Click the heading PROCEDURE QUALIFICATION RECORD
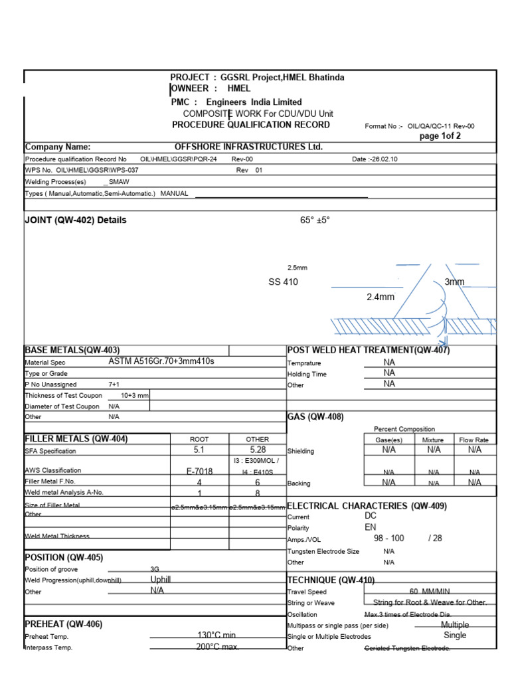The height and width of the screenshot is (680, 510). (x=250, y=125)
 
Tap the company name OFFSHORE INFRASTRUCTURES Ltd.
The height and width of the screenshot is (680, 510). (x=248, y=147)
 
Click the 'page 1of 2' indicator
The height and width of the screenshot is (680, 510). (x=440, y=136)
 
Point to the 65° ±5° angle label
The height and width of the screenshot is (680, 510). (x=315, y=220)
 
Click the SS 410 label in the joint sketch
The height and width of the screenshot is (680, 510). (x=283, y=282)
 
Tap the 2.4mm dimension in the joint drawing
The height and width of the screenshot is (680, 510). (x=381, y=297)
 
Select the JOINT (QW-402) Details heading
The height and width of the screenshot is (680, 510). (x=75, y=220)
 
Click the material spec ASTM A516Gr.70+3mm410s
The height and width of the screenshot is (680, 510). (x=161, y=362)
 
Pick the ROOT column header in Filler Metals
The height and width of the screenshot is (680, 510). (x=199, y=439)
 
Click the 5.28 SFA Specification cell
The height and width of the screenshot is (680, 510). (x=258, y=450)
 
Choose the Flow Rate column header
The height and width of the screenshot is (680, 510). (x=473, y=440)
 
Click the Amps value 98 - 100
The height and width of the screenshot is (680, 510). (x=388, y=539)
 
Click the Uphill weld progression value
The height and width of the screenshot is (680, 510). (x=161, y=580)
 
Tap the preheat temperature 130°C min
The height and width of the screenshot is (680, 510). (x=216, y=636)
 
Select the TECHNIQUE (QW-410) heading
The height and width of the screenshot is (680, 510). (x=331, y=580)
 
